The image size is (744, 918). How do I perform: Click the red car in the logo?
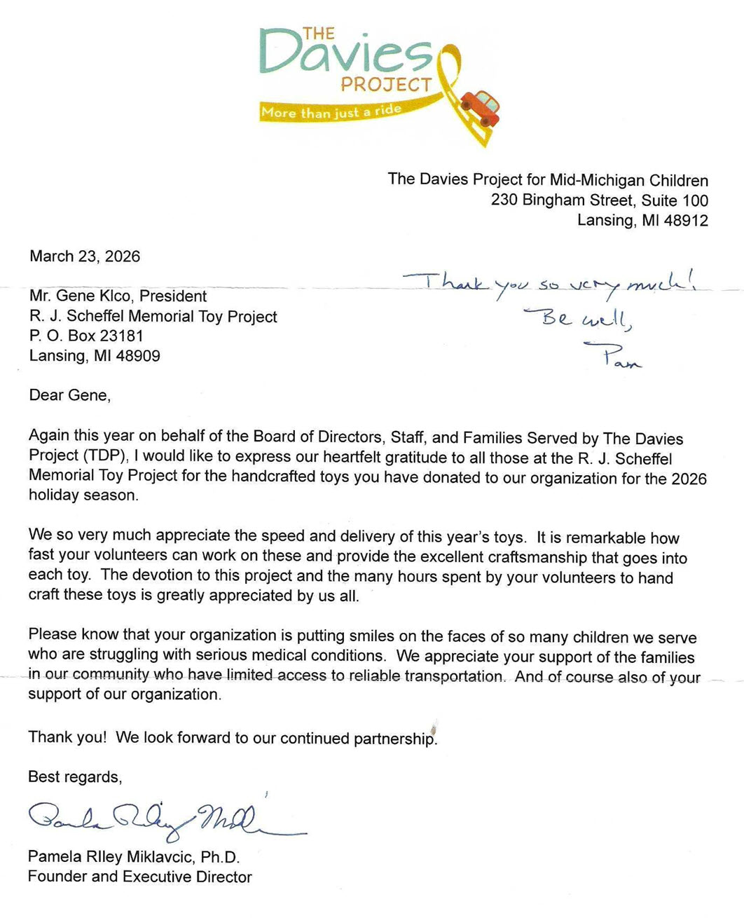481,107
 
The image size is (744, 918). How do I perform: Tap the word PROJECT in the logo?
386,85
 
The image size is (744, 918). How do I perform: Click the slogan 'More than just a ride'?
331,111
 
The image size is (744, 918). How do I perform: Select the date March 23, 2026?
85,256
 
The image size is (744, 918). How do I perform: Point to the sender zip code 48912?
686,221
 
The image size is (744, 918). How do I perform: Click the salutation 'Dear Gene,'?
69,395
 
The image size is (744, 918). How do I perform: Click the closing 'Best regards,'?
75,777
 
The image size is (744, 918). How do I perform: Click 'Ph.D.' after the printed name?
220,857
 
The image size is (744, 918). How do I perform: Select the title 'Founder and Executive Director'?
139,877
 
